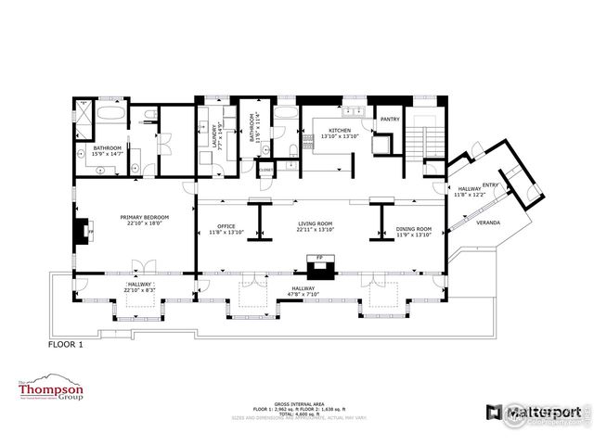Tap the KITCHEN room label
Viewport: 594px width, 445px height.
tap(335, 131)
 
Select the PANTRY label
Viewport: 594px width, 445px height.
tap(390, 119)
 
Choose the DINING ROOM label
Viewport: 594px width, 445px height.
tap(413, 228)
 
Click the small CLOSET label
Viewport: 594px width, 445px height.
tap(266, 170)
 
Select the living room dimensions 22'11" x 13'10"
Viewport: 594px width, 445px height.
tap(315, 230)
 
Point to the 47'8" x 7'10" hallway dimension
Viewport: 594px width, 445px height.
tap(303, 296)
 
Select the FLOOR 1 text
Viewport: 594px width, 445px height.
tap(66, 343)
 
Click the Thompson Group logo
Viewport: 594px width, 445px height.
tap(51, 392)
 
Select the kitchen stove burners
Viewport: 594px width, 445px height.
tap(381, 145)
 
